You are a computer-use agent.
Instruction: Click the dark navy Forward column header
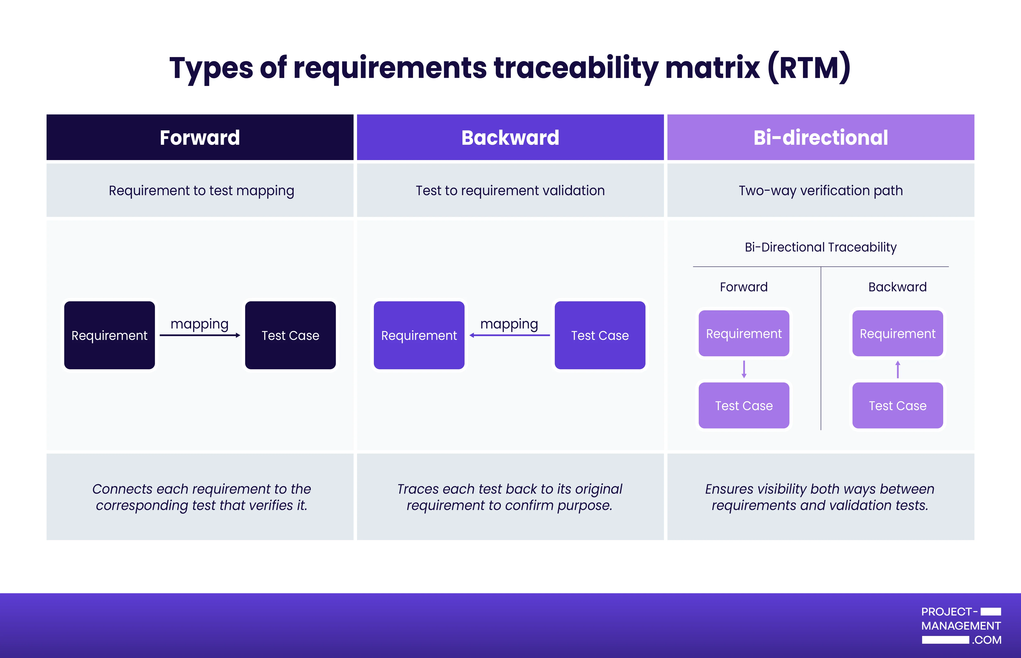tap(200, 137)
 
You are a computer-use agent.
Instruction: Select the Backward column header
tap(510, 137)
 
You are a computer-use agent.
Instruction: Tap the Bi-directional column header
tap(820, 137)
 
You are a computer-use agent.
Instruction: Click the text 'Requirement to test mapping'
tap(201, 190)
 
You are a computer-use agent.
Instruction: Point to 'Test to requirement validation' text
tap(510, 190)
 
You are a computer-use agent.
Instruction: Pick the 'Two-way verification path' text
tap(820, 190)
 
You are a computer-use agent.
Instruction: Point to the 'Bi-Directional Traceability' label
tap(820, 247)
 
